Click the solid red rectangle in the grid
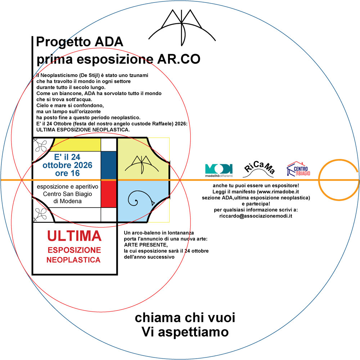[x=108, y=194]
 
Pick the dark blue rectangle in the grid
[x=108, y=165]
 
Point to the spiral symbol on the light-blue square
[x=140, y=198]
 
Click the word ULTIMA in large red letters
[x=75, y=236]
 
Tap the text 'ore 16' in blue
[x=67, y=173]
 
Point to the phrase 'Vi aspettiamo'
[x=185, y=330]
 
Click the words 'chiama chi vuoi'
[x=185, y=318]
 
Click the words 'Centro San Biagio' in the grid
[x=67, y=194]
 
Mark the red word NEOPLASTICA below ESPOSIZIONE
[x=73, y=259]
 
